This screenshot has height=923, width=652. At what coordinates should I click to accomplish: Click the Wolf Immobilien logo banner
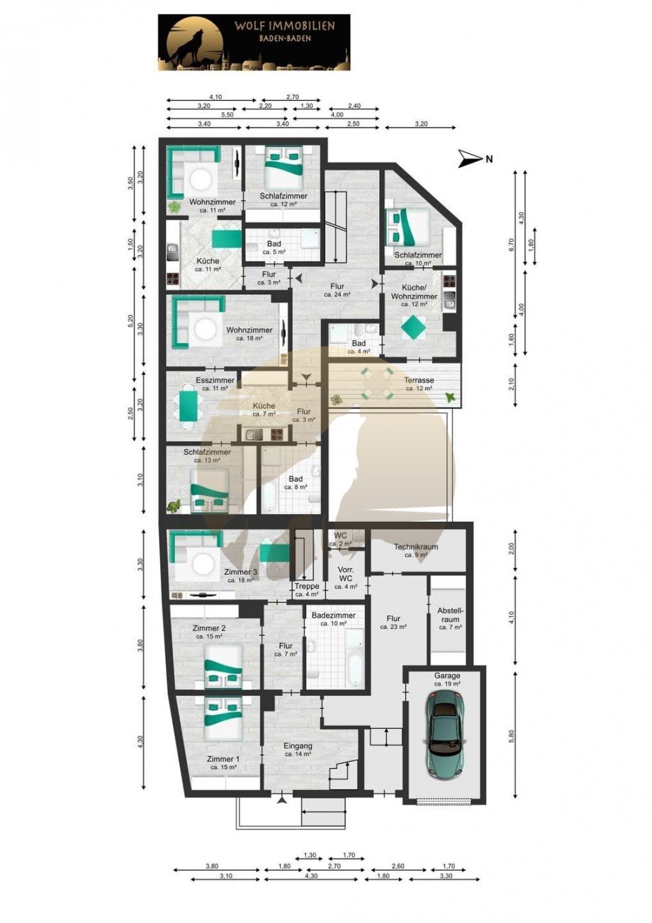coord(253,43)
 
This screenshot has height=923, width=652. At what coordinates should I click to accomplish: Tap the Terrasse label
coord(418,384)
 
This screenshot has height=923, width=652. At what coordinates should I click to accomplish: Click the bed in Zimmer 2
coord(224,666)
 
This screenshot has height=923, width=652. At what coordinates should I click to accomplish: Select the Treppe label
coord(308,590)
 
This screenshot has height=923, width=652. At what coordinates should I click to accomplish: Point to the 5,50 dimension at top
coord(227,115)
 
